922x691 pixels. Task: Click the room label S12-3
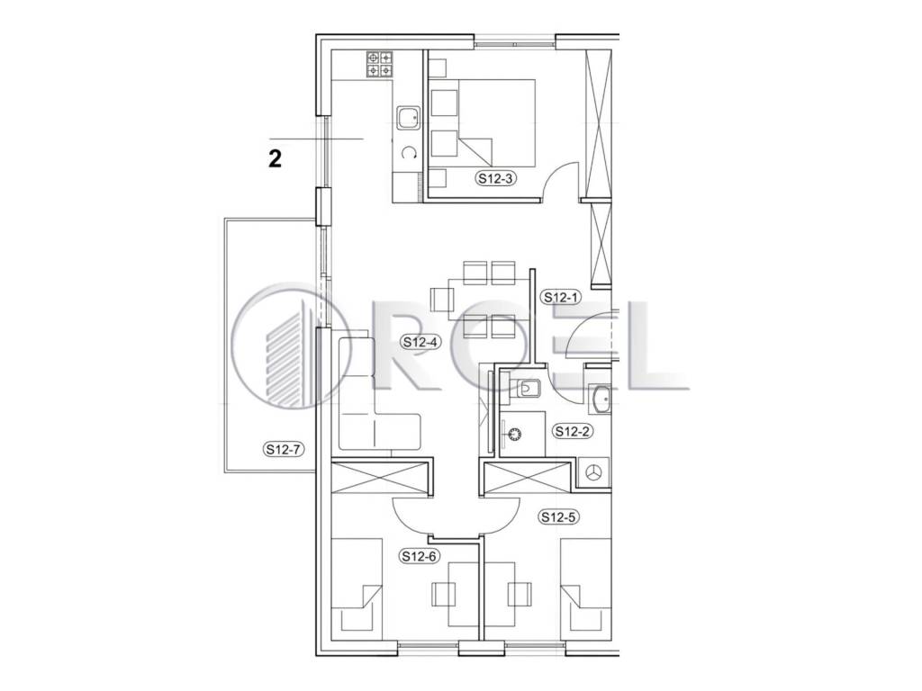(496, 179)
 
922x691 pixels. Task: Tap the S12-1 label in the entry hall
(561, 297)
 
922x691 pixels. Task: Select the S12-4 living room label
(421, 342)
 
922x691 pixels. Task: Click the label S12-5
(559, 517)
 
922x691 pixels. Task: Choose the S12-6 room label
(420, 556)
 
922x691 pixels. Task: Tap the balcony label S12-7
(284, 450)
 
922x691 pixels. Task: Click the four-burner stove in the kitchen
(380, 64)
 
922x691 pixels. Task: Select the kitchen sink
(408, 118)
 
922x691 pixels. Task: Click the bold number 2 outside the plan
(275, 158)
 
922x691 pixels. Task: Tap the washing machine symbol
(594, 471)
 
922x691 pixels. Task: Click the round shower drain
(515, 435)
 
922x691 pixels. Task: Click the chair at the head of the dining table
(440, 300)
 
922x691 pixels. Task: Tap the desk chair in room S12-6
(444, 594)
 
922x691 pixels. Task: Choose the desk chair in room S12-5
(520, 594)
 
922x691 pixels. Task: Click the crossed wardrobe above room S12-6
(379, 478)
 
